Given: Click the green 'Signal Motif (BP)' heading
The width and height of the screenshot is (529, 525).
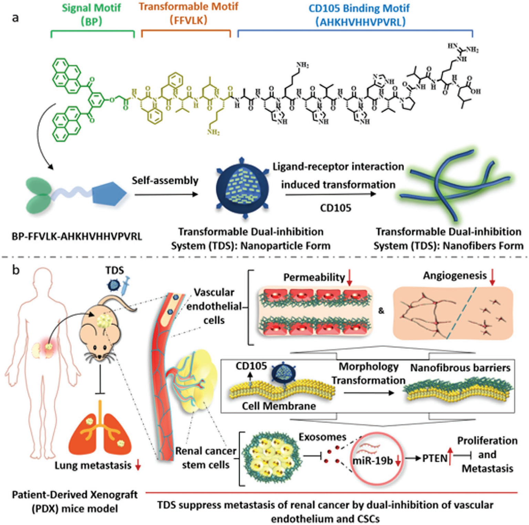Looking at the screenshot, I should click(92, 14).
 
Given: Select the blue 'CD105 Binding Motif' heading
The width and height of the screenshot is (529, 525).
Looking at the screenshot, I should click(359, 14).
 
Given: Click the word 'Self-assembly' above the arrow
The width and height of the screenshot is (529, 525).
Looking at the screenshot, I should click(165, 181).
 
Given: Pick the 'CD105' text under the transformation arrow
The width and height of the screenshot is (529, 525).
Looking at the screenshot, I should click(336, 208).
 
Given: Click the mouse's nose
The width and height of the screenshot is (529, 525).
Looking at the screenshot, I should click(100, 358).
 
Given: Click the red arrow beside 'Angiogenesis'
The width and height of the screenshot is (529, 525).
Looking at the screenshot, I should click(492, 277).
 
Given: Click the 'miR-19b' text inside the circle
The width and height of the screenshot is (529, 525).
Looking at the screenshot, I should click(372, 461).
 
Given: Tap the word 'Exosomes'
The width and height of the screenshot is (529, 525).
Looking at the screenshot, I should click(322, 437).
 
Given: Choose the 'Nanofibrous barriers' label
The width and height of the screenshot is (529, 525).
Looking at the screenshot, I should click(460, 368).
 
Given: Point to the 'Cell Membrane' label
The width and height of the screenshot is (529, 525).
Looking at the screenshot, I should click(279, 406).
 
